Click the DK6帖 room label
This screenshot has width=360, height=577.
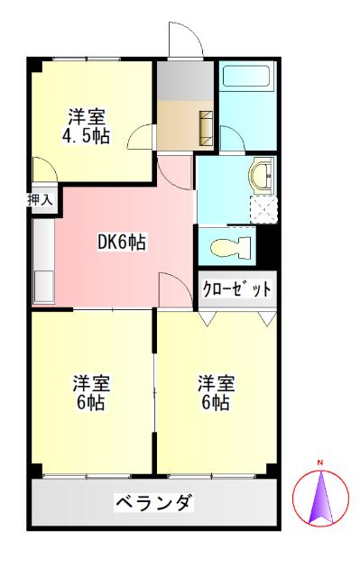point(122,242)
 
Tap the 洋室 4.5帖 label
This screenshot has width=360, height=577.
point(87,127)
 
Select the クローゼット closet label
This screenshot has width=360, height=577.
point(236,289)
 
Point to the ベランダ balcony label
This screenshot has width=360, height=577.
point(153,503)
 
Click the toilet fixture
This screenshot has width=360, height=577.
point(226,244)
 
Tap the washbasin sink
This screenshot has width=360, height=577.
point(263,174)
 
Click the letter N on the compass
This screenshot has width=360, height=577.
point(319,464)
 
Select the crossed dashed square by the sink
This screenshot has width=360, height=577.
point(263,209)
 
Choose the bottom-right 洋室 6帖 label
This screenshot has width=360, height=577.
point(214,392)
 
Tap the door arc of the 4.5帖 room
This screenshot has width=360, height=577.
point(140,138)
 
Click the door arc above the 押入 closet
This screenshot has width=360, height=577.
point(43,171)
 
